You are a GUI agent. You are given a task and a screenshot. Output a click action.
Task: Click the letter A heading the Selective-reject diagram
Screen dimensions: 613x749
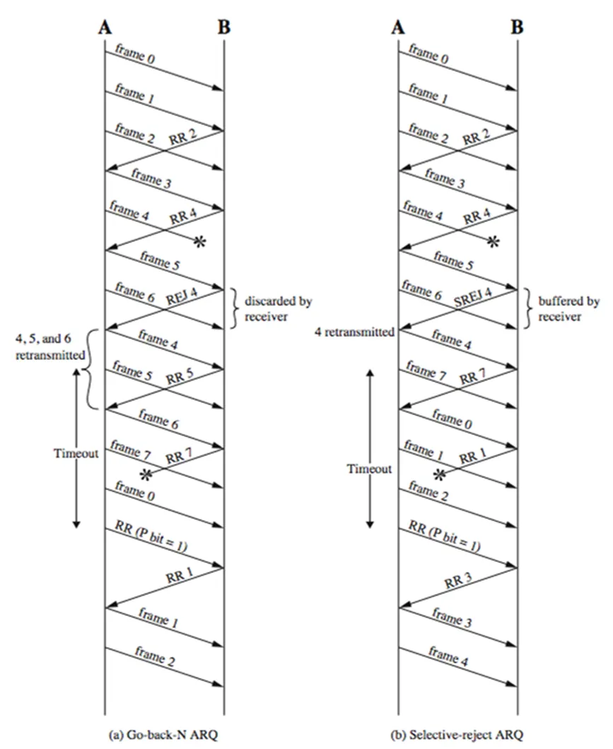coord(397,28)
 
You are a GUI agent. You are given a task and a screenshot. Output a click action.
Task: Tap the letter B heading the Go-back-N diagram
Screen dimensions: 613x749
coord(223,28)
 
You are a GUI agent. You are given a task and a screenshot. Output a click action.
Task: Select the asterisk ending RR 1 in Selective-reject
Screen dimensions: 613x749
coord(439,473)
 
